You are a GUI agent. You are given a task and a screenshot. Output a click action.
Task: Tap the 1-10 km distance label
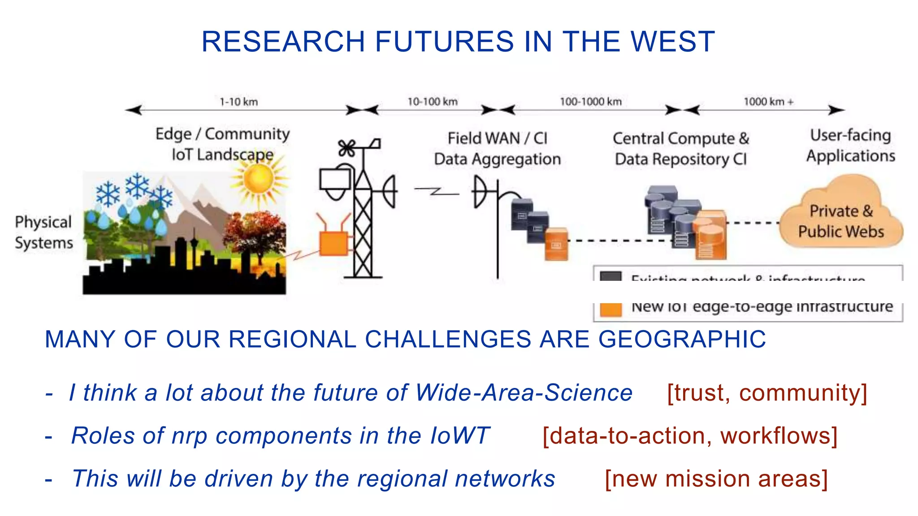click(x=238, y=102)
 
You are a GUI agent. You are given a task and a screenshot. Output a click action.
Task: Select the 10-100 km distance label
click(x=432, y=102)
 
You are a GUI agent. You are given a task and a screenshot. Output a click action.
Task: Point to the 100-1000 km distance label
click(x=590, y=102)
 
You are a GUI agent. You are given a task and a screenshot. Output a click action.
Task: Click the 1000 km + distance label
click(x=768, y=102)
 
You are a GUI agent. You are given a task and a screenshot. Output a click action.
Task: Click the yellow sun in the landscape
click(x=259, y=179)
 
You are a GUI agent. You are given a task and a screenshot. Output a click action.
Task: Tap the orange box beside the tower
click(x=333, y=243)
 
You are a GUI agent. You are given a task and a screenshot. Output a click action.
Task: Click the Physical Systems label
click(x=43, y=232)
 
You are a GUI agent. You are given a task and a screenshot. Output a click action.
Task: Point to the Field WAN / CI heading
click(x=497, y=138)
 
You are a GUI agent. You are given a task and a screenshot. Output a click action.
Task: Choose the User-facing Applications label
click(x=850, y=145)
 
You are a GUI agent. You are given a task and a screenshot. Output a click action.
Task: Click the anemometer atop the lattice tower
click(x=347, y=148)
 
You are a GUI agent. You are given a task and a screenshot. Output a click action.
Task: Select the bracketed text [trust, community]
click(x=767, y=393)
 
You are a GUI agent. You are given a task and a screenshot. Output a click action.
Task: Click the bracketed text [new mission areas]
click(x=716, y=479)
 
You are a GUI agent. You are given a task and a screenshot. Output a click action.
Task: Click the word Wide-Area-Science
click(x=524, y=393)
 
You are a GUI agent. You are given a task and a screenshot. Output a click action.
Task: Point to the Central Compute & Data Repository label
click(x=680, y=149)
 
